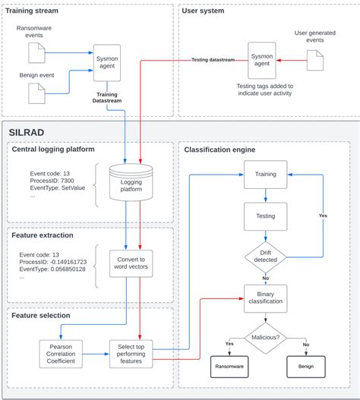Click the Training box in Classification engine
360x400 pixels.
(x=265, y=174)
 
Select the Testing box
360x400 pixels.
(x=265, y=216)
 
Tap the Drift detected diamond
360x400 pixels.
(x=265, y=258)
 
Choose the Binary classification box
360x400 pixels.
(x=265, y=298)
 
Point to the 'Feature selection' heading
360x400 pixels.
(x=42, y=315)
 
